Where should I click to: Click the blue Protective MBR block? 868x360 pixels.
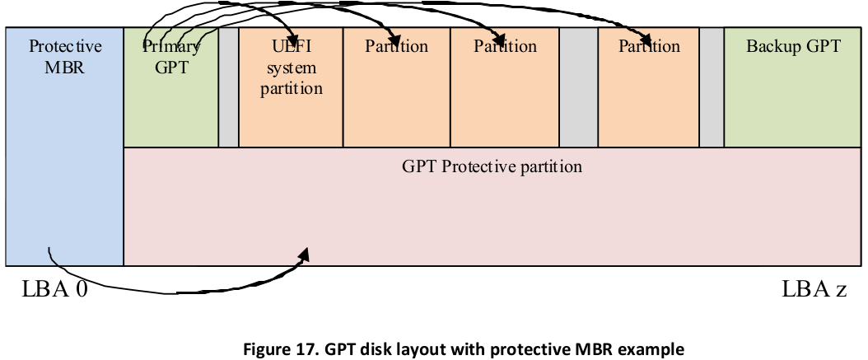tap(64, 147)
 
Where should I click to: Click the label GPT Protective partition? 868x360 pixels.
tap(492, 166)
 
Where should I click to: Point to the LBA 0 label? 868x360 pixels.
tap(54, 289)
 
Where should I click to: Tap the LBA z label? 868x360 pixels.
tap(814, 289)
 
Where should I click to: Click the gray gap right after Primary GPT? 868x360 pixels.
tap(229, 87)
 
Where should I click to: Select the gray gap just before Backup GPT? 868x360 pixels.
tap(712, 87)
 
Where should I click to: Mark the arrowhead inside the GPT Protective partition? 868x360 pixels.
tap(303, 255)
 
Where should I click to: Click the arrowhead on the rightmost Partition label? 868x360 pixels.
tap(646, 39)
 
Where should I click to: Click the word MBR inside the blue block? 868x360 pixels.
tap(65, 68)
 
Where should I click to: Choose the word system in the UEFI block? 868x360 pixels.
tap(292, 68)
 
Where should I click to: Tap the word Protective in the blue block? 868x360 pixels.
tap(65, 46)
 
